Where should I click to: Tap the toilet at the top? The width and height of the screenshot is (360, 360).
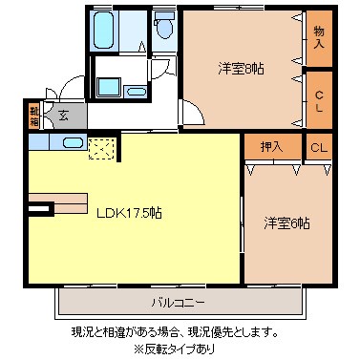point(163,27)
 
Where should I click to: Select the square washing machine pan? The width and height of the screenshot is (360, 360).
point(103,86)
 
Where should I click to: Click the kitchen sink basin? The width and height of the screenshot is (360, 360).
point(73,142)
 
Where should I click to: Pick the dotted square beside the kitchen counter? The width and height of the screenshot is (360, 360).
point(101,149)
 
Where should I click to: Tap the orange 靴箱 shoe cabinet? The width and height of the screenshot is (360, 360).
point(34,116)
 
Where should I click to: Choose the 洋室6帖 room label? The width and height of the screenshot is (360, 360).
point(286,223)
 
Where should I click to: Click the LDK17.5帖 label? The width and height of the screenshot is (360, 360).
point(128,213)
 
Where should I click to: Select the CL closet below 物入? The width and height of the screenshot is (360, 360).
point(318,99)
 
